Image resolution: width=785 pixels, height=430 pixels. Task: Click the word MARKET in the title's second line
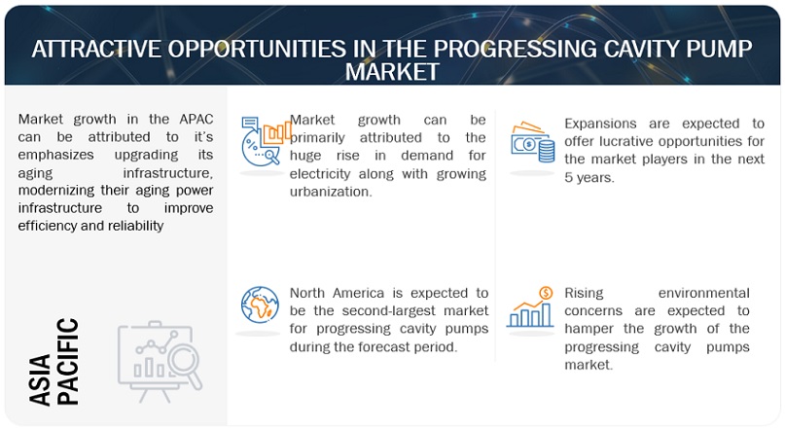(392, 72)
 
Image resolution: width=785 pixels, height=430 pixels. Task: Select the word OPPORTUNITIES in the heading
(257, 49)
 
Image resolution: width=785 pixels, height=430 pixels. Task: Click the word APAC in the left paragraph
(196, 119)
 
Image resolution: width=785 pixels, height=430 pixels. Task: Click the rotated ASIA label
(40, 379)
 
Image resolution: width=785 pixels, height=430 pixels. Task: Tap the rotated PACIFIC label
(67, 362)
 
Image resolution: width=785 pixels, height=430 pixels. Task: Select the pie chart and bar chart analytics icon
(266, 141)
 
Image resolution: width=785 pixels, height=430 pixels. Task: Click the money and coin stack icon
(533, 142)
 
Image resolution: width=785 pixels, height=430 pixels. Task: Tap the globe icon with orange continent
(260, 305)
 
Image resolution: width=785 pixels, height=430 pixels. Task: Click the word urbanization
(331, 192)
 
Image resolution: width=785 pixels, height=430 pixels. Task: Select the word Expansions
(600, 124)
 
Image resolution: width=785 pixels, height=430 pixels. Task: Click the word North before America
(307, 293)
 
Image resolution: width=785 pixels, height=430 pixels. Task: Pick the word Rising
(584, 294)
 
